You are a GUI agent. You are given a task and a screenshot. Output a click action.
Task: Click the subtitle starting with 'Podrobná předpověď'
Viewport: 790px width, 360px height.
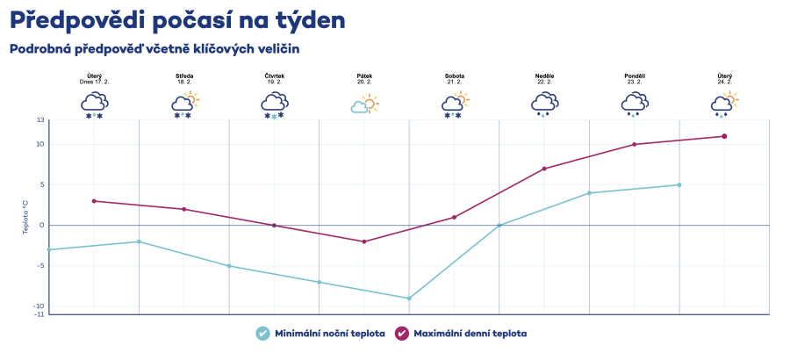(x=154, y=49)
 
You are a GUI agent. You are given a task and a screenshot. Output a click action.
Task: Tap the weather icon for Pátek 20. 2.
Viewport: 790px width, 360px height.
(x=364, y=105)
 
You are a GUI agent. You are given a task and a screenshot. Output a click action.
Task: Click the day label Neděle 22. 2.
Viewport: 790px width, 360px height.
(x=544, y=79)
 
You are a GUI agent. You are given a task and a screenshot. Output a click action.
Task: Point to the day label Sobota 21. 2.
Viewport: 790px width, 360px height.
(x=455, y=79)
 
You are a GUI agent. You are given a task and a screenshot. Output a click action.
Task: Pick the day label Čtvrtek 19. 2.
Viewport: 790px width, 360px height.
(x=275, y=79)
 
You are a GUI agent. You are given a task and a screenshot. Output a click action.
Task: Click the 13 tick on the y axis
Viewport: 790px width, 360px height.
(x=40, y=119)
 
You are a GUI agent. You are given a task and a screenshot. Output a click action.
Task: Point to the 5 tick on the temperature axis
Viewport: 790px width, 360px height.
(x=41, y=184)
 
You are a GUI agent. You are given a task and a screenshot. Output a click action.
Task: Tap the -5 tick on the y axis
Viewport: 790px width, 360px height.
(x=40, y=265)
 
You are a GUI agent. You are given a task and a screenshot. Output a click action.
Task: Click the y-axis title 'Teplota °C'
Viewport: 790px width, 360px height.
(x=26, y=216)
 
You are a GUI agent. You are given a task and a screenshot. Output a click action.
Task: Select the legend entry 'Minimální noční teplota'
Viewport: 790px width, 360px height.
(x=320, y=334)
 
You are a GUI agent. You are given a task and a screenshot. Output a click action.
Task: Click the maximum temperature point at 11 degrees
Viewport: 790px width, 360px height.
(x=724, y=136)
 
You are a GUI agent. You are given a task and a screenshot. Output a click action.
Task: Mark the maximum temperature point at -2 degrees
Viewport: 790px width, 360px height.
(x=364, y=241)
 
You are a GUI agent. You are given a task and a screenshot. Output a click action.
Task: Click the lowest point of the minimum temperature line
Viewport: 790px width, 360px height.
(x=409, y=299)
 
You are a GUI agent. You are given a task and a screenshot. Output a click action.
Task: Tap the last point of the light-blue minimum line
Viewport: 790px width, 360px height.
(x=679, y=184)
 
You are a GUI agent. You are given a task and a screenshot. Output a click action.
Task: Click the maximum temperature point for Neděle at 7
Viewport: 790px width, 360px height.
(x=544, y=169)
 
